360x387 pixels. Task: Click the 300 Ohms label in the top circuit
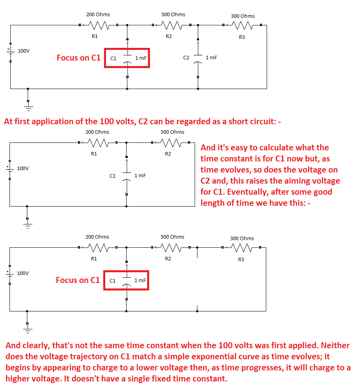pos(243,16)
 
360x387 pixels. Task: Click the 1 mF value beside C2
pos(211,57)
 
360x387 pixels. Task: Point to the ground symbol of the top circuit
pos(28,104)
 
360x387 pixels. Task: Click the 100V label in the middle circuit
pos(23,168)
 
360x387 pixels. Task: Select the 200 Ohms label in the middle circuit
pos(97,132)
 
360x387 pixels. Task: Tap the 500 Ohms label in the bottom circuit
pos(172,237)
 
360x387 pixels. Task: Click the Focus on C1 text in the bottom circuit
pos(78,280)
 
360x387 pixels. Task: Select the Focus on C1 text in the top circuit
pos(78,58)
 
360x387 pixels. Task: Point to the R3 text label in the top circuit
pos(242,37)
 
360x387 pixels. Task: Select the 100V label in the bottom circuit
pos(23,273)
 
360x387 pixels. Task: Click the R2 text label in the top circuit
pos(169,36)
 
